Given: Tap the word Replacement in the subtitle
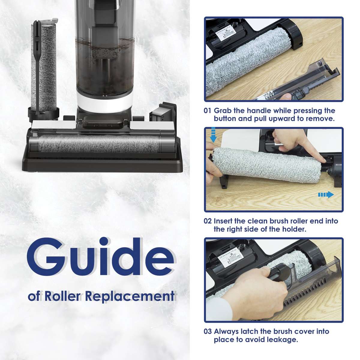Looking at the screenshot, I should pos(130,296).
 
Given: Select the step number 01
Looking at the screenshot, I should pos(208,111).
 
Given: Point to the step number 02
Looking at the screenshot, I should pos(208,221).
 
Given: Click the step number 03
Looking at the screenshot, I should pos(208,331).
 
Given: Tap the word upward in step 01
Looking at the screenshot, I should pos(280,118).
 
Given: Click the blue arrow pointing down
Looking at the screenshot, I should pos(214,136).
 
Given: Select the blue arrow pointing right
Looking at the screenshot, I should pos(326,195).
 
